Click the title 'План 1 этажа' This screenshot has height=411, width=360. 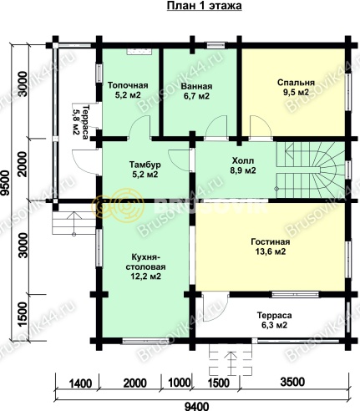click(204, 6)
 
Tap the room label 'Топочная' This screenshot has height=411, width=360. click(128, 84)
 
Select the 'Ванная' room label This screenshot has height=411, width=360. click(196, 86)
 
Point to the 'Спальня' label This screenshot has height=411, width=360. click(296, 83)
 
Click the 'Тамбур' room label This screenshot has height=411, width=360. click(145, 165)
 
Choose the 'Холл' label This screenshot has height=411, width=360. click(243, 160)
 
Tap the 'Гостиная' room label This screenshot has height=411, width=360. click(271, 241)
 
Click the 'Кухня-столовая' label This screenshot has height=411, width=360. click(145, 261)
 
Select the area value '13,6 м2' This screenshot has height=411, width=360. click(271, 251)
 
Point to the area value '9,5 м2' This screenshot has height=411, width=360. click(296, 93)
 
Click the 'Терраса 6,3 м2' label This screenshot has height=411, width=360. click(274, 320)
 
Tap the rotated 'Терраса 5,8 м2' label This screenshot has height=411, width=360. click(80, 122)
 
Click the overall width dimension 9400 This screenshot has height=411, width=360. click(196, 406)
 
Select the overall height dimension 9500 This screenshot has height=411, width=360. click(5, 183)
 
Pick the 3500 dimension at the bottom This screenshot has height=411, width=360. click(292, 382)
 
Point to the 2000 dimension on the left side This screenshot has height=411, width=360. click(23, 164)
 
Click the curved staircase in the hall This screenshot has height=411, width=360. click(311, 170)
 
